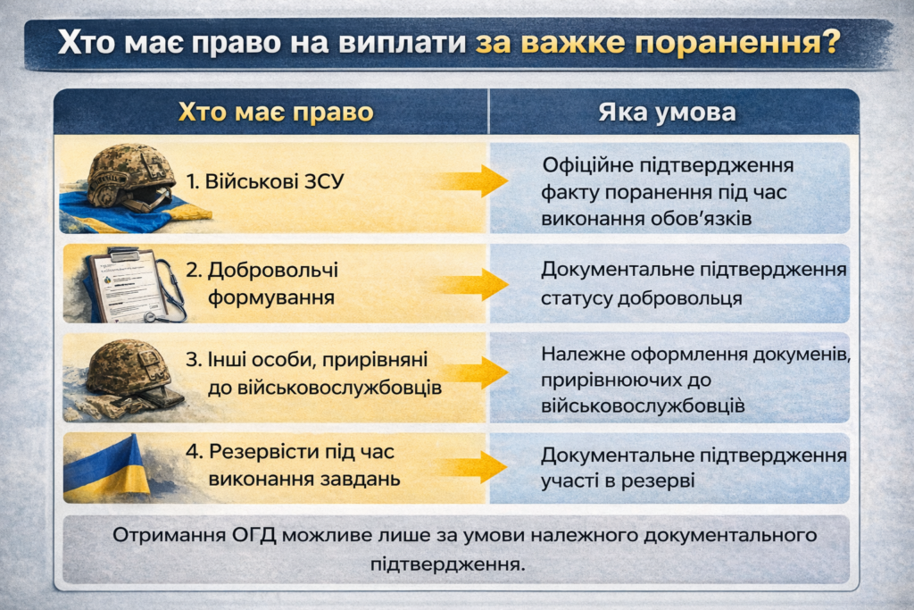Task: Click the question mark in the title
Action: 829,41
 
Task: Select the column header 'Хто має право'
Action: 276,112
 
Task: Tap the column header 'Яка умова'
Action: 667,112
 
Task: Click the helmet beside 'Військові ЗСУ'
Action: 130,176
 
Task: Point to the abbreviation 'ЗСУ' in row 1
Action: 323,181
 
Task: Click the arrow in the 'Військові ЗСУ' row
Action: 471,180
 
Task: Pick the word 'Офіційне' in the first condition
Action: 587,166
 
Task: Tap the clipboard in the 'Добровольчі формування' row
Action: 123,285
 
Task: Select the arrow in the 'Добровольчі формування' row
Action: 471,285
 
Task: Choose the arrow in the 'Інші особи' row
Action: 472,372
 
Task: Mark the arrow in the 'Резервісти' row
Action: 471,466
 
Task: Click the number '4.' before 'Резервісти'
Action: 194,451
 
